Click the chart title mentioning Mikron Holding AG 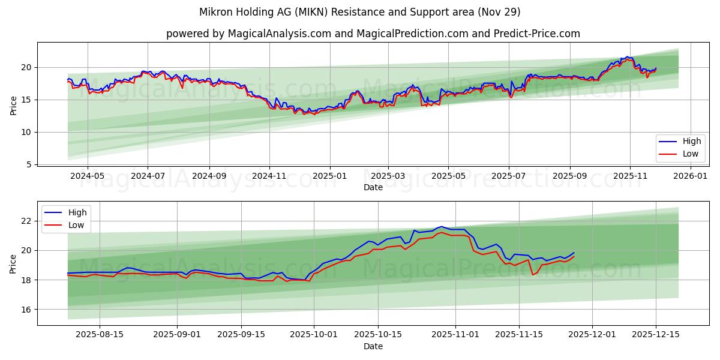(360, 12)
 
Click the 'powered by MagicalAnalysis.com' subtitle (373, 34)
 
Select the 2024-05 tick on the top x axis (88, 176)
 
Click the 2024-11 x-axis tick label (269, 176)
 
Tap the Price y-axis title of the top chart (14, 105)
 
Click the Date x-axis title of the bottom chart (373, 346)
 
